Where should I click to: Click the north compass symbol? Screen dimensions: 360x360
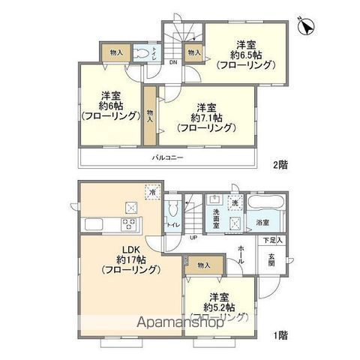(x=306, y=26)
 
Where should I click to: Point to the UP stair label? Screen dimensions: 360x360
(x=193, y=237)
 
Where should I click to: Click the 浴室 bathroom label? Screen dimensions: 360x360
(x=263, y=223)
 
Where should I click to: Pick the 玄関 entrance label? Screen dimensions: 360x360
(x=271, y=259)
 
